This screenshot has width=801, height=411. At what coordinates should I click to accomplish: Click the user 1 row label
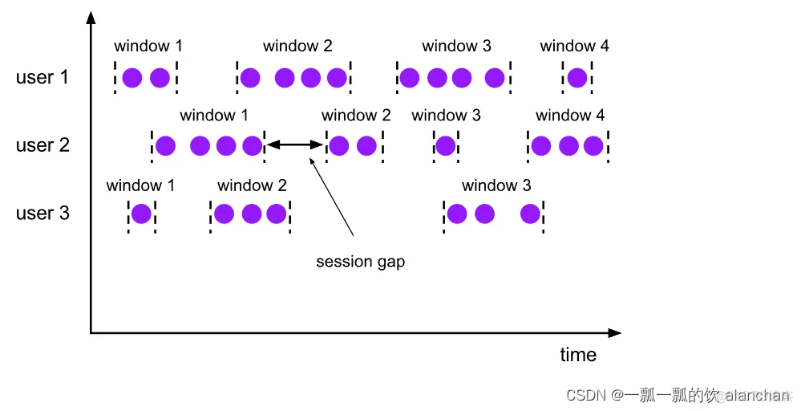pyautogui.click(x=42, y=78)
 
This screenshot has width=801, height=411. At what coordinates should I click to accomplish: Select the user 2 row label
pyautogui.click(x=42, y=145)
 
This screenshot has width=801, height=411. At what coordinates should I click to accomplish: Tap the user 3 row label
pyautogui.click(x=42, y=214)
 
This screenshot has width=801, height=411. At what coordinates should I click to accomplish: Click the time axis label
pyautogui.click(x=578, y=355)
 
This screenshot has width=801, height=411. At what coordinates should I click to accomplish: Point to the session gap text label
pyautogui.click(x=360, y=262)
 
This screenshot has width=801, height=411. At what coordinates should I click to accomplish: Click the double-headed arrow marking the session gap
pyautogui.click(x=294, y=145)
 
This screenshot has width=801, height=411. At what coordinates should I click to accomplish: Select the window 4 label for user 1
pyautogui.click(x=574, y=47)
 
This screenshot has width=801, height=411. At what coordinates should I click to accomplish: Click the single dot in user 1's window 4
pyautogui.click(x=576, y=78)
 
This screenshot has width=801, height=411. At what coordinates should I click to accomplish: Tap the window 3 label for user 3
pyautogui.click(x=496, y=186)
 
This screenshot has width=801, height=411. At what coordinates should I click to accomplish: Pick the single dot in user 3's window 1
pyautogui.click(x=141, y=214)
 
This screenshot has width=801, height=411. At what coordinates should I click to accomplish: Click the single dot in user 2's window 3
pyautogui.click(x=446, y=145)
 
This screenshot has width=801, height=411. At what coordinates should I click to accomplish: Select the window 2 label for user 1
pyautogui.click(x=297, y=47)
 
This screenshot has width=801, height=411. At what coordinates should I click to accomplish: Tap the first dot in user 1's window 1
pyautogui.click(x=132, y=78)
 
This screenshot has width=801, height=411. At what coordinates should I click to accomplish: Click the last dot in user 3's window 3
pyautogui.click(x=530, y=214)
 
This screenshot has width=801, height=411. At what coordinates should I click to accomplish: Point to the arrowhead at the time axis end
pyautogui.click(x=614, y=332)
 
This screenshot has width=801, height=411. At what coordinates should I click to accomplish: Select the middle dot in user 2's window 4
pyautogui.click(x=568, y=145)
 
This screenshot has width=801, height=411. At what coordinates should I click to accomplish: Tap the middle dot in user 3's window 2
pyautogui.click(x=252, y=214)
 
